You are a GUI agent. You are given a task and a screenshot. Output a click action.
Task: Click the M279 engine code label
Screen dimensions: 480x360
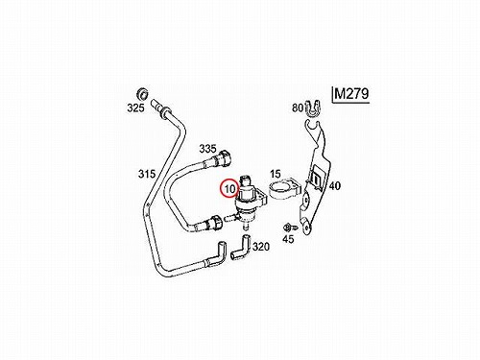pyautogui.click(x=351, y=94)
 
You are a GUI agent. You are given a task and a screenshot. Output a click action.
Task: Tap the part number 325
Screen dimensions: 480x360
pyautogui.click(x=135, y=108)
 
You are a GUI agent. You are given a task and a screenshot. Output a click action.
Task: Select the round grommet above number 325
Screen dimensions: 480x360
pyautogui.click(x=141, y=93)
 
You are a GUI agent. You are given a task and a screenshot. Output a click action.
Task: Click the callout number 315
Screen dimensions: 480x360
pyautogui.click(x=147, y=174)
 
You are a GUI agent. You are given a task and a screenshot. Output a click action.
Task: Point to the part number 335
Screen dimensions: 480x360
pyautogui.click(x=207, y=149)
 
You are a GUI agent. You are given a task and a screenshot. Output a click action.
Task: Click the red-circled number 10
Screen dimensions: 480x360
pyautogui.click(x=229, y=189)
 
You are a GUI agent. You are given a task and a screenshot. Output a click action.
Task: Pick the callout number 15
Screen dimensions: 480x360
pyautogui.click(x=275, y=174)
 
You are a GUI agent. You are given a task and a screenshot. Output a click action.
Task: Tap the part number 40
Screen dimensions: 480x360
pyautogui.click(x=335, y=185)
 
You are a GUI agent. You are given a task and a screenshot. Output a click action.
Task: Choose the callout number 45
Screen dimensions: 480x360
pyautogui.click(x=288, y=239)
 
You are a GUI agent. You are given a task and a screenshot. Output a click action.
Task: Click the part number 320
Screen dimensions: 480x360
pyautogui.click(x=261, y=247)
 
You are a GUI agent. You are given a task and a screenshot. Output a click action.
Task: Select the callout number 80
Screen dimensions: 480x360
pyautogui.click(x=298, y=108)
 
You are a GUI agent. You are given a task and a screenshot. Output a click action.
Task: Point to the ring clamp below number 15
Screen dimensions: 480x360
pyautogui.click(x=284, y=190)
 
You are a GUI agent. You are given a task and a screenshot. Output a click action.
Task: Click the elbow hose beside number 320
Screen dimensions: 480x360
pyautogui.click(x=242, y=247)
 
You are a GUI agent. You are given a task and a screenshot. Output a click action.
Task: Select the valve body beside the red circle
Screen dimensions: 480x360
pyautogui.click(x=249, y=203)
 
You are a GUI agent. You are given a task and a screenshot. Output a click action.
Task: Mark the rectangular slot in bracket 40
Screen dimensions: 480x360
pyautogui.click(x=316, y=179)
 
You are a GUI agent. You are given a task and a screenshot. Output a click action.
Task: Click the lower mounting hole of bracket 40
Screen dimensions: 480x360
pyautogui.click(x=307, y=228)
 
